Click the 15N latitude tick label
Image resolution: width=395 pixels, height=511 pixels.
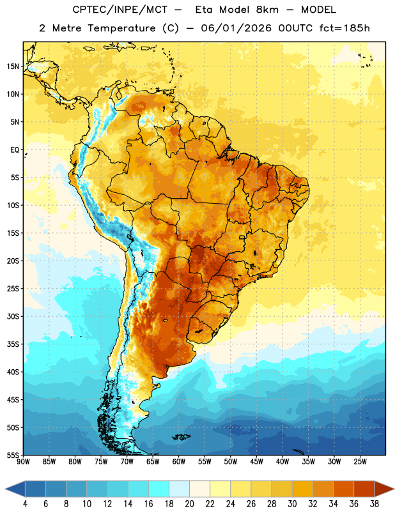point(13,66)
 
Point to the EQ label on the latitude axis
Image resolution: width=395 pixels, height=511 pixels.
point(15,150)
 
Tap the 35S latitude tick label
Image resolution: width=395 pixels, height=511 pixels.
point(13,344)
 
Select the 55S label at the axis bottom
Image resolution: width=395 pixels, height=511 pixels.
point(13,455)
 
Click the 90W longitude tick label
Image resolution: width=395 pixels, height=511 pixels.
point(23,462)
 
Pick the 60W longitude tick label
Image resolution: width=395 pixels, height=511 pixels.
point(179,462)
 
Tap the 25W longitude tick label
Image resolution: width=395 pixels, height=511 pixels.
point(360,462)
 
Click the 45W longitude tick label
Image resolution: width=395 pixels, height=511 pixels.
point(256,462)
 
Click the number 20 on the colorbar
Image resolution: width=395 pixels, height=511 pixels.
point(189,504)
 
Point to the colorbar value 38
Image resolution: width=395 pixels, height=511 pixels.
point(375,504)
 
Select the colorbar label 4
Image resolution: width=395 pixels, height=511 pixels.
point(25,504)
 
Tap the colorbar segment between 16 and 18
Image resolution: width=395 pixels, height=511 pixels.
point(159,489)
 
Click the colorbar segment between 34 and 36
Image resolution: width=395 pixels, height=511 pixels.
point(343,489)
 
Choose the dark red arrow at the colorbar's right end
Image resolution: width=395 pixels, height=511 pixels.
point(383,489)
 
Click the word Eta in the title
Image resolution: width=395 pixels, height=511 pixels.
point(204,10)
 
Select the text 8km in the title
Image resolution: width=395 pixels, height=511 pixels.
point(267,10)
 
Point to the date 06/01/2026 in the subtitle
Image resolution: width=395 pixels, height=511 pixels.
point(236,28)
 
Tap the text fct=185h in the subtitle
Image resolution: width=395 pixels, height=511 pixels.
point(345,28)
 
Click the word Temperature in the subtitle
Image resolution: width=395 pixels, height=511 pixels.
point(121,28)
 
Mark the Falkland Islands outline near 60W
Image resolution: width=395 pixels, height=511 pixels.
point(182,437)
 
